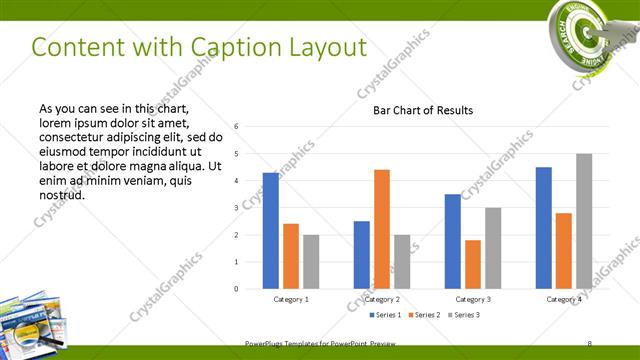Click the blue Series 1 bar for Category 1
pos(271,231)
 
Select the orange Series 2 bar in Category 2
pos(381,229)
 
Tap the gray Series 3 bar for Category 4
pos(583,221)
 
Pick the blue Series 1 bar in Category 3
pos(453,241)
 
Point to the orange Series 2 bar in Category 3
pos(472,264)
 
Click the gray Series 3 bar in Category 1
pos(311,261)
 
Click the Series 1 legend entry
pos(387,315)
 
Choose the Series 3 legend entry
pos(465,315)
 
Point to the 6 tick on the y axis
pos(236,127)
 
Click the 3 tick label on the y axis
pos(236,208)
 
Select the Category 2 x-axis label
pos(382,299)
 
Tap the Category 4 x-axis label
pos(564,299)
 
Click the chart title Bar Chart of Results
pos(423,110)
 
